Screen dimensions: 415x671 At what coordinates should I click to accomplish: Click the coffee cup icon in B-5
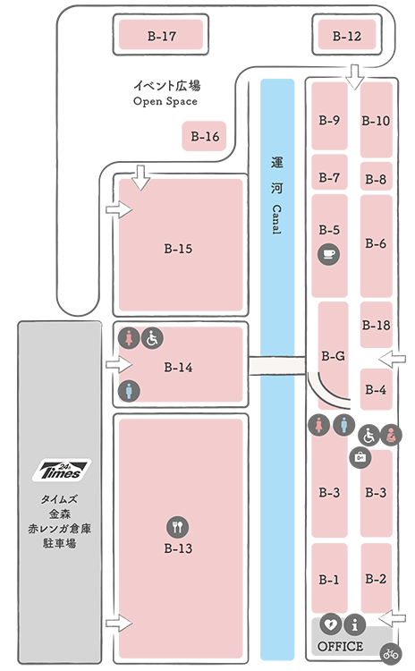(x=328, y=254)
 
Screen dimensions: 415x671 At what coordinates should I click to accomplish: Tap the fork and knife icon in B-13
(x=178, y=527)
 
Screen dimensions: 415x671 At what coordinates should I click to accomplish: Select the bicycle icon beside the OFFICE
(x=391, y=653)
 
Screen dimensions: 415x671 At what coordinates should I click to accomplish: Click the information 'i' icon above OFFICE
(x=355, y=624)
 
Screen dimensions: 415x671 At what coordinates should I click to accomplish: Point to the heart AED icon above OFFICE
(x=330, y=624)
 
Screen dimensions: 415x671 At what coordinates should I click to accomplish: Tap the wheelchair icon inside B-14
(x=152, y=338)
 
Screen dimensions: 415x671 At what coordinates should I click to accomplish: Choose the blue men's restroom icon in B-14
(x=129, y=391)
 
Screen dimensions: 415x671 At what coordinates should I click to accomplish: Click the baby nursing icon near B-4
(x=391, y=436)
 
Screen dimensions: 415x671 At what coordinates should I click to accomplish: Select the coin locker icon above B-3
(x=360, y=457)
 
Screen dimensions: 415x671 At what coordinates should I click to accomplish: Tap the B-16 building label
(x=205, y=137)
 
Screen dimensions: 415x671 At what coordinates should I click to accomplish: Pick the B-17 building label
(x=161, y=36)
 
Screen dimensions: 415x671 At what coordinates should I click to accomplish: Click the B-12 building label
(x=346, y=36)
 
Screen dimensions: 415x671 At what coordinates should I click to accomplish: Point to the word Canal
(x=276, y=219)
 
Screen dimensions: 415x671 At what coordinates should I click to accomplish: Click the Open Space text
(x=165, y=101)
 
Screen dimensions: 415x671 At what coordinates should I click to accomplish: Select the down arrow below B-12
(x=355, y=77)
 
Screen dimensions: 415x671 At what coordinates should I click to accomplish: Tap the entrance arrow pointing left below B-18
(x=393, y=359)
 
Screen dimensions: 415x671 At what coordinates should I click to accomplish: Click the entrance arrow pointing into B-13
(x=119, y=623)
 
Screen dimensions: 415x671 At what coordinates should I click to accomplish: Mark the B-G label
(x=333, y=355)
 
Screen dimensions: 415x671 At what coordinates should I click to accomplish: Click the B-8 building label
(x=376, y=179)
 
